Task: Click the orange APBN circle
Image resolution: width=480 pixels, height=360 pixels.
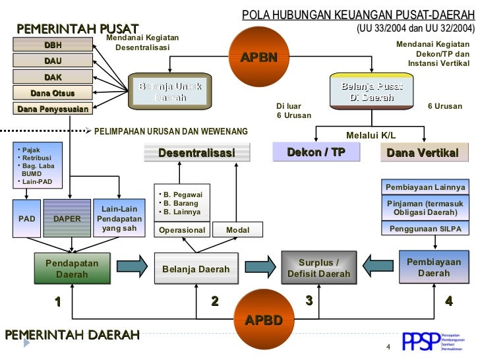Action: pos(258,57)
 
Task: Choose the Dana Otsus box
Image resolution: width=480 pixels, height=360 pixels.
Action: pos(53,93)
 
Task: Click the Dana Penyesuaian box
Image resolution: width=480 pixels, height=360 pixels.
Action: pos(53,109)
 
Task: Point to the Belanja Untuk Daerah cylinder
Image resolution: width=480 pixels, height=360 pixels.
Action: pos(170,92)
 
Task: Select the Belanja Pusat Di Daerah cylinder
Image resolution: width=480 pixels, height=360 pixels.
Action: pos(372,92)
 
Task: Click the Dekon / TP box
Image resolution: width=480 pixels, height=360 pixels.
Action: pos(316,152)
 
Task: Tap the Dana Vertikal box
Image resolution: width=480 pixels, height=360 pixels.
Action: pos(423,153)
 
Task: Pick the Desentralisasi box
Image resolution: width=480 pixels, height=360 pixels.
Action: pos(196,153)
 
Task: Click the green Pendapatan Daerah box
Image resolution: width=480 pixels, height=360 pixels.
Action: pos(72,268)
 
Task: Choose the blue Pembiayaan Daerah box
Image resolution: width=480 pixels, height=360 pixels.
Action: pos(434,267)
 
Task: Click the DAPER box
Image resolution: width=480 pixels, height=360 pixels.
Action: pos(67,218)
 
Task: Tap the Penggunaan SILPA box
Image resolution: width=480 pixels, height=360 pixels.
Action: pos(425,229)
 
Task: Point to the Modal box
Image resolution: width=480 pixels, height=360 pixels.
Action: pos(237,230)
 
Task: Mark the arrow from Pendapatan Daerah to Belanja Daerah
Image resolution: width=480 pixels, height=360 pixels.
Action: pos(132,267)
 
